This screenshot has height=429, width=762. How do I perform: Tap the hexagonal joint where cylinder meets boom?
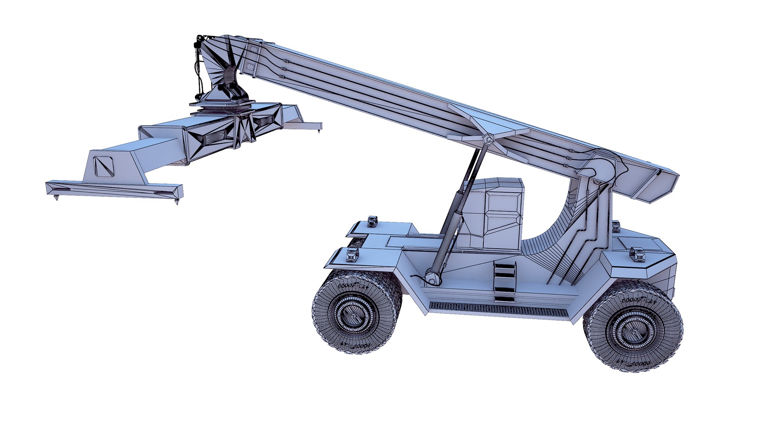[488, 140]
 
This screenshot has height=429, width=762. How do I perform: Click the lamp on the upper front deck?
[372, 221]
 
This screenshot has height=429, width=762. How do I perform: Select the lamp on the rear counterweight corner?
[638, 254]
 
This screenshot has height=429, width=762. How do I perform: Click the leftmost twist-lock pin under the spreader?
[56, 197]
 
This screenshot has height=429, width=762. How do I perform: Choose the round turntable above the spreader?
[222, 105]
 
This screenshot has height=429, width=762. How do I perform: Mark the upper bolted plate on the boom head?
[253, 50]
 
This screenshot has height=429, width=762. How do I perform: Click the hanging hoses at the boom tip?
[198, 68]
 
